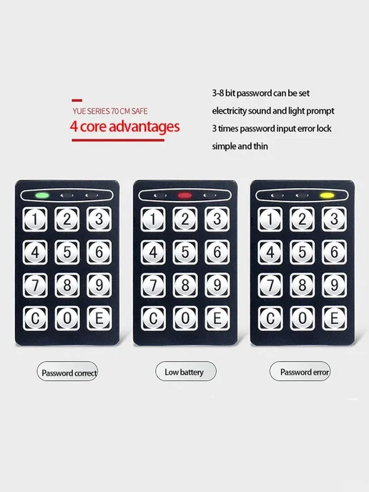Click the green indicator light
[x=42, y=195]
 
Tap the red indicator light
[x=184, y=195]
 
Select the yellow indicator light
[x=327, y=195]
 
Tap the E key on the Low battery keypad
[x=217, y=318]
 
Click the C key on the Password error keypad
[x=270, y=318]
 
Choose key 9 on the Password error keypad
[x=334, y=285]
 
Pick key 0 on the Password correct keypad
[x=67, y=318]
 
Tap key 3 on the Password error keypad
[x=334, y=219]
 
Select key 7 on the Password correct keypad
[x=35, y=285]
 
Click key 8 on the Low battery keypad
[x=185, y=285]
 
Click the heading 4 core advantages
[x=125, y=127]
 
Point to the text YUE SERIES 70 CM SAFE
[x=110, y=111]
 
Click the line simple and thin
[x=240, y=146]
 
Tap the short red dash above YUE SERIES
[x=77, y=100]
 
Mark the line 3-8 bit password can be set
[x=261, y=93]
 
